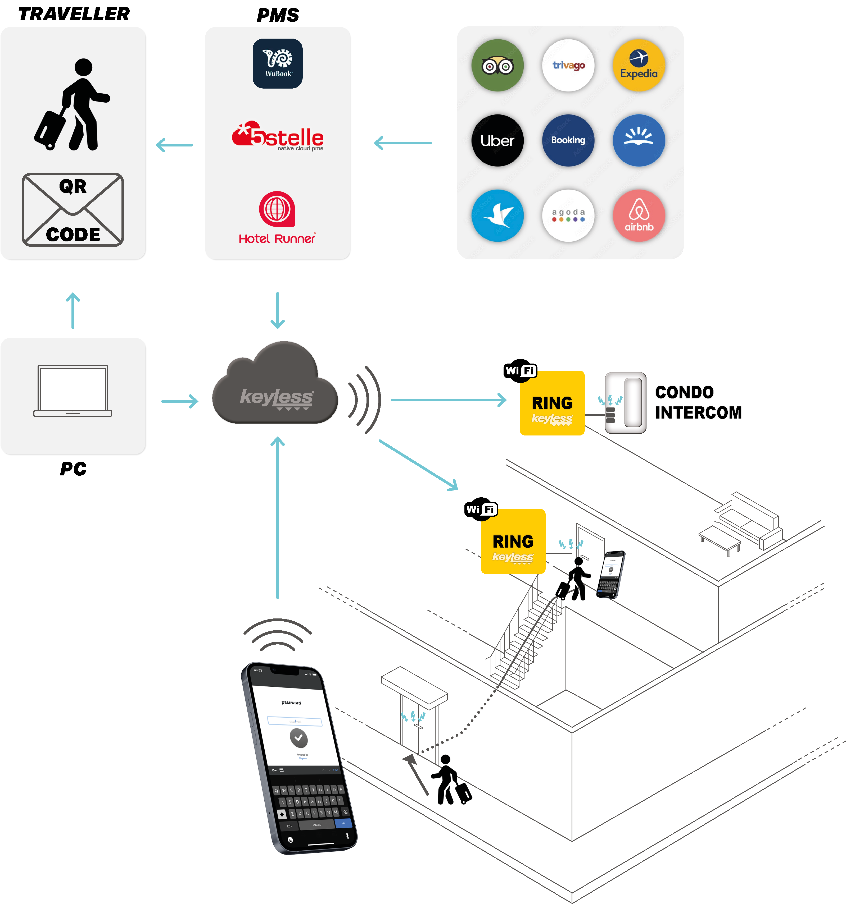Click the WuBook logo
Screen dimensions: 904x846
[x=278, y=64]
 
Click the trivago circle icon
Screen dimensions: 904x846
[x=568, y=66]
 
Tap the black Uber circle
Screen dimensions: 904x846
[x=497, y=140]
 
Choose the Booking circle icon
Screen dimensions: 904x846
[x=568, y=140]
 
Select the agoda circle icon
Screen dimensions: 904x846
[x=568, y=215]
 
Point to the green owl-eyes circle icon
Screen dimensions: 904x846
[x=497, y=66]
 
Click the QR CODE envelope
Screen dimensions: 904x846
[x=73, y=210]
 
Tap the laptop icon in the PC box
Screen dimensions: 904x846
[x=73, y=391]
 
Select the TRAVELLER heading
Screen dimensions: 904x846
[x=74, y=14]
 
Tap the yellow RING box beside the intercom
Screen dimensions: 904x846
[x=552, y=403]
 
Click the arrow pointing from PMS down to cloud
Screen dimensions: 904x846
[x=278, y=311]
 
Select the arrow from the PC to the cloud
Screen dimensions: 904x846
[x=180, y=401]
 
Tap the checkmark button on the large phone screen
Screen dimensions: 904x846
[x=298, y=738]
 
